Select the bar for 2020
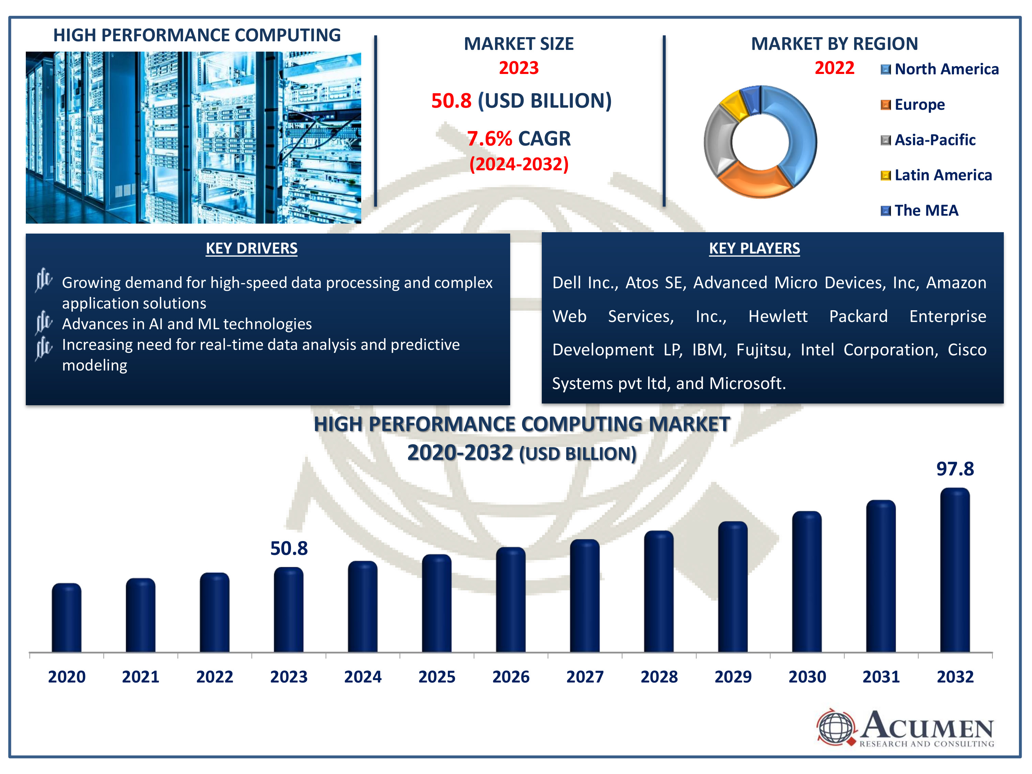point(66,618)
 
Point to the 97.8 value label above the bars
point(955,469)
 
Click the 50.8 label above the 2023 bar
point(289,548)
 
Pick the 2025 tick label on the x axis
point(437,677)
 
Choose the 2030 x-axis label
point(807,677)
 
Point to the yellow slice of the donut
point(733,106)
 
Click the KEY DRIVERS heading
point(251,248)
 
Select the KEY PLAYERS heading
point(754,248)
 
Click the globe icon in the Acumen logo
point(836,727)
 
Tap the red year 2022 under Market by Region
point(834,68)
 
